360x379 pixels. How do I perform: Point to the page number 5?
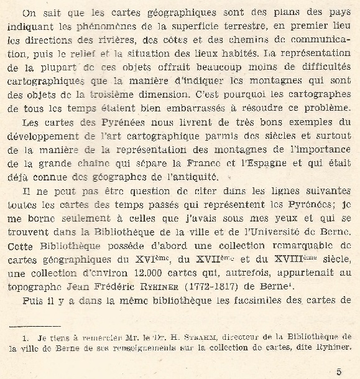point(339,372)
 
